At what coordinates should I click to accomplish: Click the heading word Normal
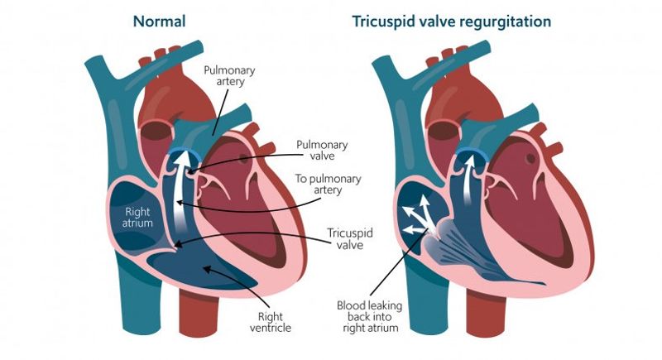(159, 21)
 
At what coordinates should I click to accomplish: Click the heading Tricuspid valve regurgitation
(452, 22)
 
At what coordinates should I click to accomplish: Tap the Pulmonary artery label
(229, 76)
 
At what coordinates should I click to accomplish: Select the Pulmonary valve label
(322, 151)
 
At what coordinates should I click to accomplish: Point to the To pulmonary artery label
(328, 184)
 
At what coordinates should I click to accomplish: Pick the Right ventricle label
(271, 322)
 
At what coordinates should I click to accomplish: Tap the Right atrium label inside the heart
(137, 217)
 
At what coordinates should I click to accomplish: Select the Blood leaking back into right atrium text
(370, 316)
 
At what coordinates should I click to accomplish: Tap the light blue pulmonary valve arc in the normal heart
(184, 151)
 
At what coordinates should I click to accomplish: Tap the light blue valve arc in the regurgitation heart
(471, 151)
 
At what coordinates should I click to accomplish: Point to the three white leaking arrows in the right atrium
(417, 218)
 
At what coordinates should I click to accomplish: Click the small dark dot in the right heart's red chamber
(530, 158)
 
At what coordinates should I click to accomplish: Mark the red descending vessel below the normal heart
(199, 312)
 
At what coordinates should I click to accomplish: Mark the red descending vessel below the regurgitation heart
(486, 313)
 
